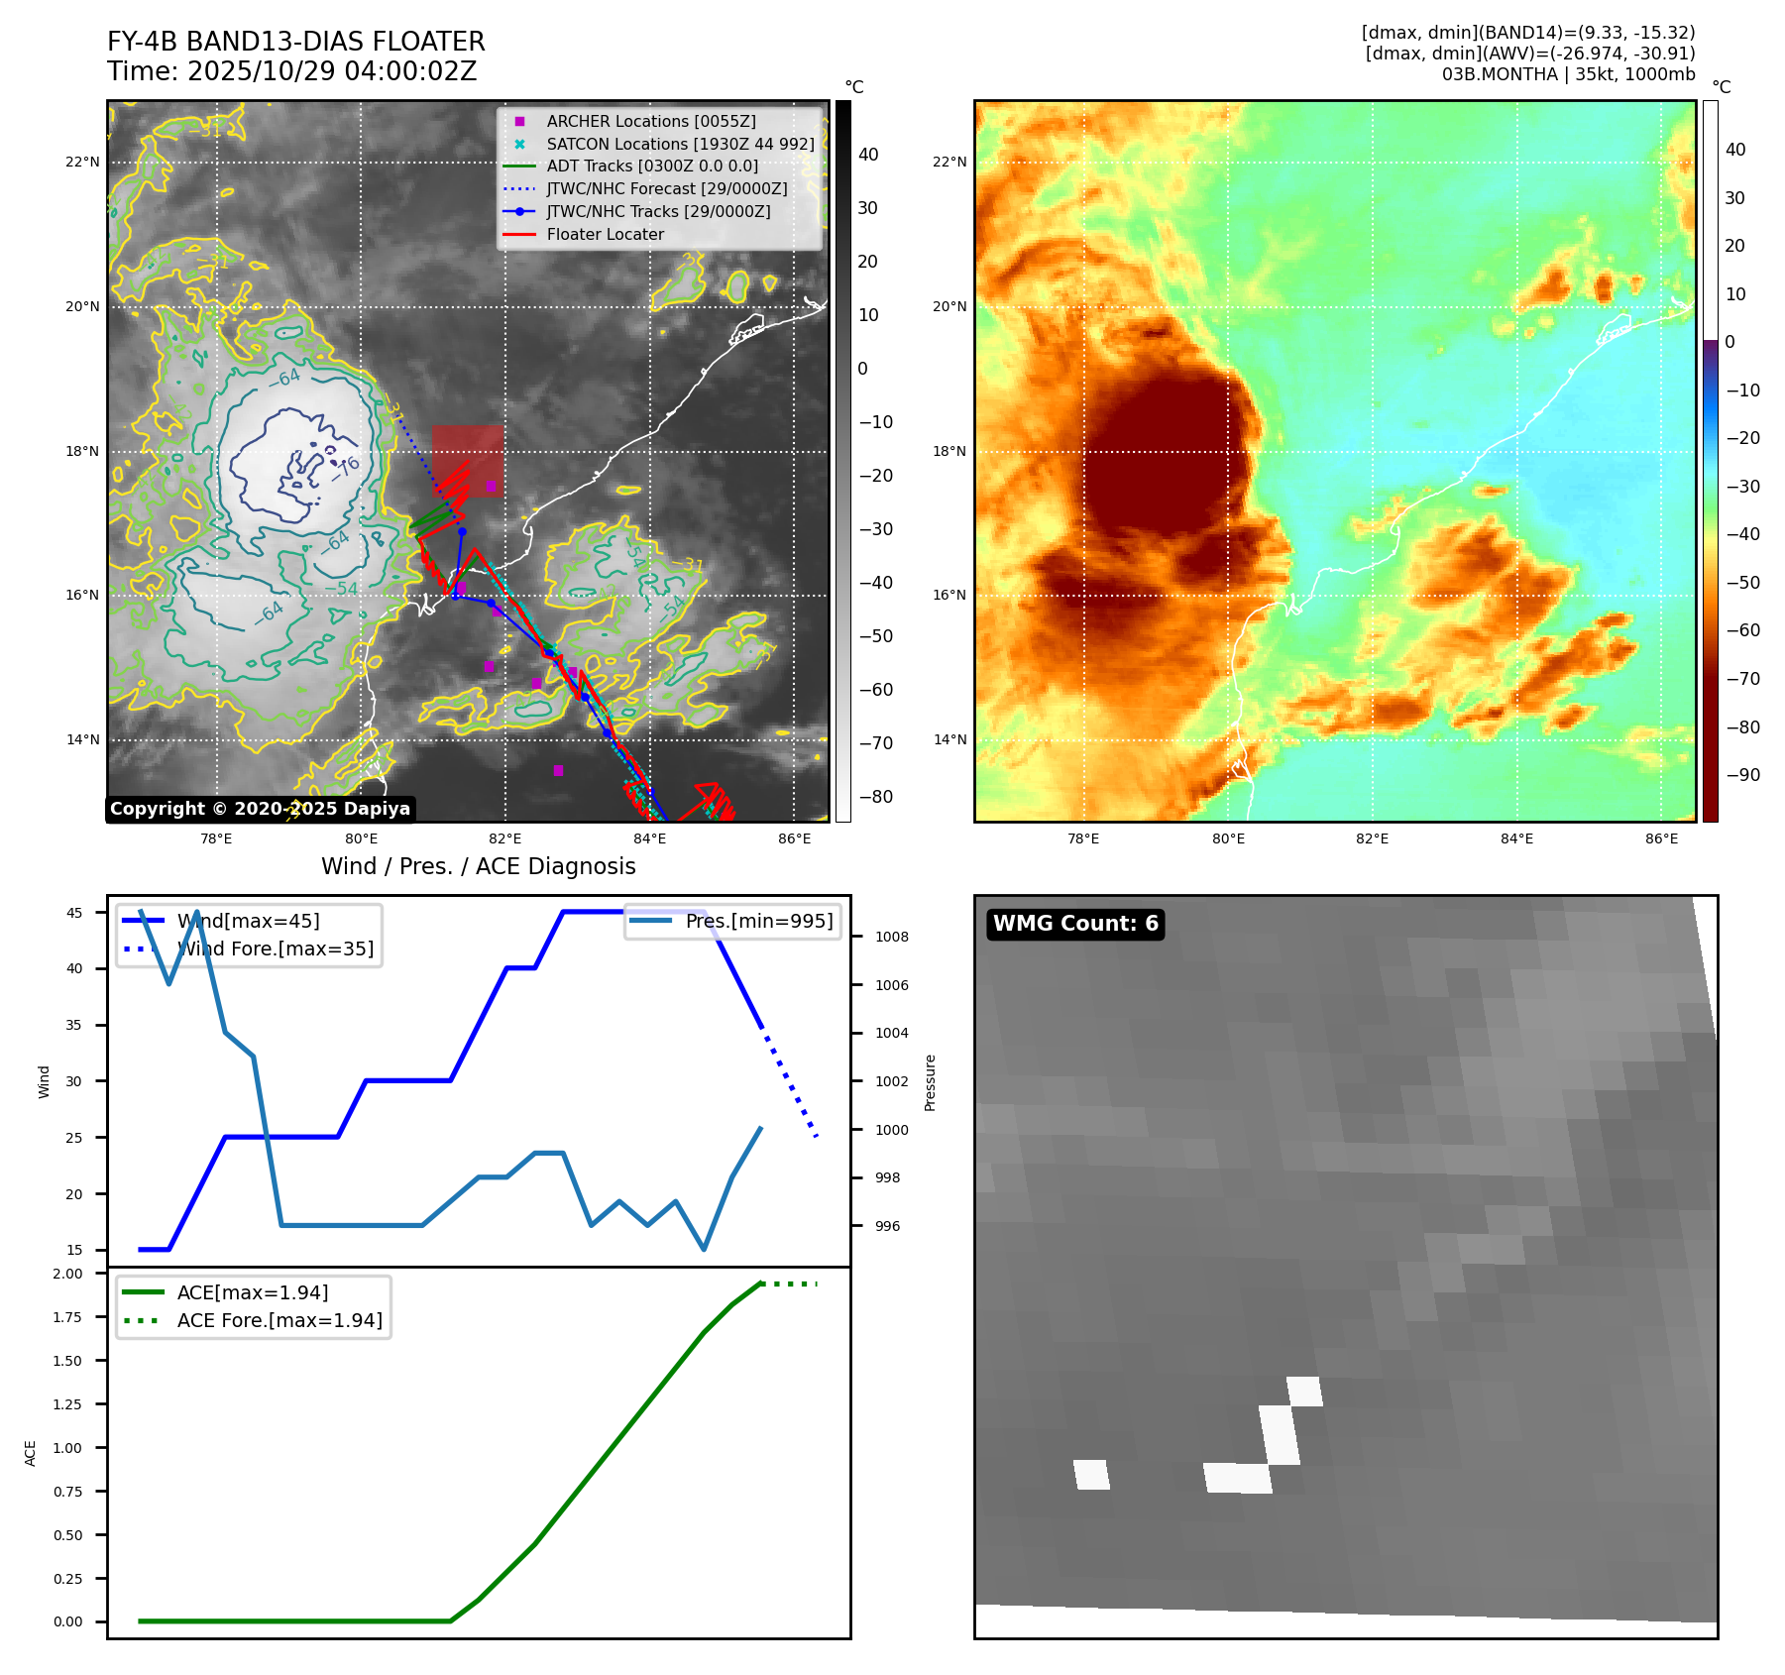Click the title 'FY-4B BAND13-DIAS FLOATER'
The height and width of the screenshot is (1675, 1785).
pos(295,42)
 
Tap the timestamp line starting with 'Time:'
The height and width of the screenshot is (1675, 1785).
pos(291,71)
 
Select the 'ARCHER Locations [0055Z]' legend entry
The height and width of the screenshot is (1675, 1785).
pos(650,121)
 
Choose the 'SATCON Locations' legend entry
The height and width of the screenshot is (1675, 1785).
pos(680,144)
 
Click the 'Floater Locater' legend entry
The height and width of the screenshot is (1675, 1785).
pos(605,234)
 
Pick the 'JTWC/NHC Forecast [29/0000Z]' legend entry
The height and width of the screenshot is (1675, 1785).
pos(666,188)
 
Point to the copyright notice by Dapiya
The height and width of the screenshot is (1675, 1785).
pos(260,809)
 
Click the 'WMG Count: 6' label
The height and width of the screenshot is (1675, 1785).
pos(1075,924)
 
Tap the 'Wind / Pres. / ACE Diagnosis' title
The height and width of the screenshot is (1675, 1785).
pos(478,866)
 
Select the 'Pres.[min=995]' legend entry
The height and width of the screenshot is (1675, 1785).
pos(758,921)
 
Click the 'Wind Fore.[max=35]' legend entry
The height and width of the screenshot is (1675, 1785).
pos(275,949)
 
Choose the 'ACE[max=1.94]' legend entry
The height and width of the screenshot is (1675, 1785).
pos(252,1292)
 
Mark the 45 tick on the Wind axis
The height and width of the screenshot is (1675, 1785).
pos(74,913)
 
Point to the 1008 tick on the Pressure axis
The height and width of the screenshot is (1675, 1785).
pos(891,937)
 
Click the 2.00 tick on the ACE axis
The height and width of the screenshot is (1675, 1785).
pos(67,1274)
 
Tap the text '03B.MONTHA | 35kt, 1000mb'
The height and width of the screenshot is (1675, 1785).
pos(1568,74)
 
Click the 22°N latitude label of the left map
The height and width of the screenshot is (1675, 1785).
pos(82,162)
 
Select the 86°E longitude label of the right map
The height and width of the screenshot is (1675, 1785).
pos(1661,838)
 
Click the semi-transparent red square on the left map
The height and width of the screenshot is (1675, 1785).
pos(467,460)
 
